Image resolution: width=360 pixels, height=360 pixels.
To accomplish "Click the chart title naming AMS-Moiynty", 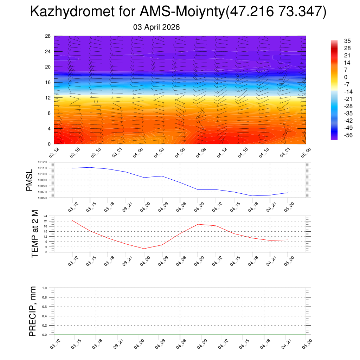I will pos(178,12).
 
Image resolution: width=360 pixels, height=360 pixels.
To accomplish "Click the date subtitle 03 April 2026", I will pos(156,27).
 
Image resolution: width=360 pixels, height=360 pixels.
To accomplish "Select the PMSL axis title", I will pos(29,180).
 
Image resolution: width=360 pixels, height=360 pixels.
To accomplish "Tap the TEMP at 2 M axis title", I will pos(34,234).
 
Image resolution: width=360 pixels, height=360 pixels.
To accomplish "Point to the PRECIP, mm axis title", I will pos(33,311).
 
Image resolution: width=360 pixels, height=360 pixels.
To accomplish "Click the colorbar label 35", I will pos(337,41).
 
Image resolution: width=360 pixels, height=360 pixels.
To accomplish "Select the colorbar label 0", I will pos(336,77).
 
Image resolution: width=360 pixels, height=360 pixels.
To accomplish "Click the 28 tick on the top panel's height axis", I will pos(48,36).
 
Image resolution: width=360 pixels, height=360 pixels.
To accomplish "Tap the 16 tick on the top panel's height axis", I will pos(48,82).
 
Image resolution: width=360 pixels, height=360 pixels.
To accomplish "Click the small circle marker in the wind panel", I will pos(96,102).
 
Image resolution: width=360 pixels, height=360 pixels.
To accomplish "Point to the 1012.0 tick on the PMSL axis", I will pos(47,162).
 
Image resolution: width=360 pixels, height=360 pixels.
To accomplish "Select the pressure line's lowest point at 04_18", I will pos(252,196).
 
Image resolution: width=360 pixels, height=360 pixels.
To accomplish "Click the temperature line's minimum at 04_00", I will pos(144,249).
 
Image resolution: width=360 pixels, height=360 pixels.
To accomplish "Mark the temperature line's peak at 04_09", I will pos(198,224).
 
